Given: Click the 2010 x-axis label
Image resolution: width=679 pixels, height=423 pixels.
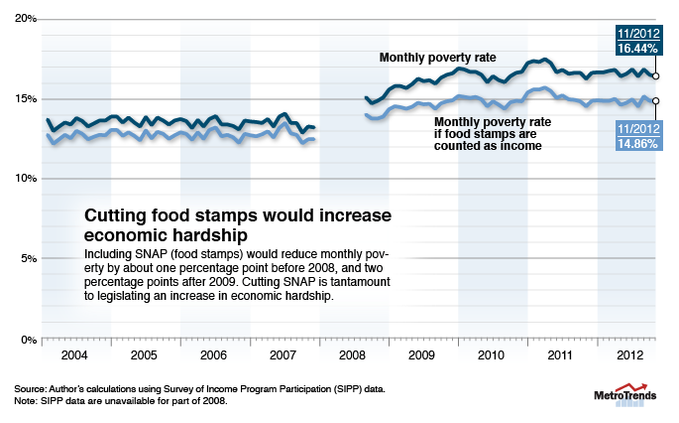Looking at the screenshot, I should (x=494, y=354).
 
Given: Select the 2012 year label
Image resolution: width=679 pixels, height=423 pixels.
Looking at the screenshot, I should (x=625, y=354).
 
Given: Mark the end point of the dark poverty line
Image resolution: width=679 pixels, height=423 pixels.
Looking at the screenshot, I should (x=656, y=75).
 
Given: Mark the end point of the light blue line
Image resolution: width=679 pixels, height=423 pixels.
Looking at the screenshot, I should (x=656, y=100).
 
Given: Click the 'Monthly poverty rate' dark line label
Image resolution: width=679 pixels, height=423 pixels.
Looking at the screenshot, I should (x=437, y=58).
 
